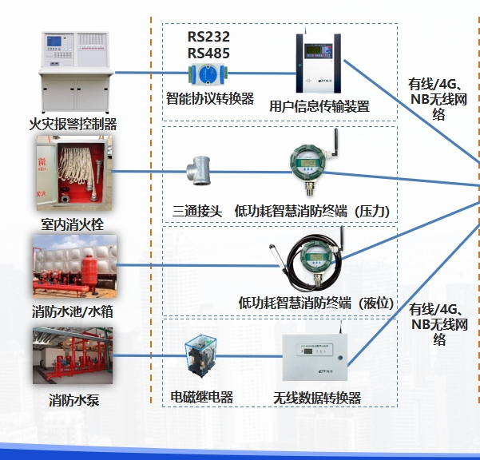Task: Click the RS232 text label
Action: point(208,37)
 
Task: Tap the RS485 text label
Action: point(208,54)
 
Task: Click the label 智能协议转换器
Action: point(210,98)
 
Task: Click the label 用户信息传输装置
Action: point(319,105)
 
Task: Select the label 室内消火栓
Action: point(73,224)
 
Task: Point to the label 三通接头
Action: point(196,211)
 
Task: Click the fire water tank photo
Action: point(74,265)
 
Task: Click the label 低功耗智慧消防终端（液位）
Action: point(317,303)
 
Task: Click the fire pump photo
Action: point(73,356)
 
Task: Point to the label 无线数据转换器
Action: point(317,398)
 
